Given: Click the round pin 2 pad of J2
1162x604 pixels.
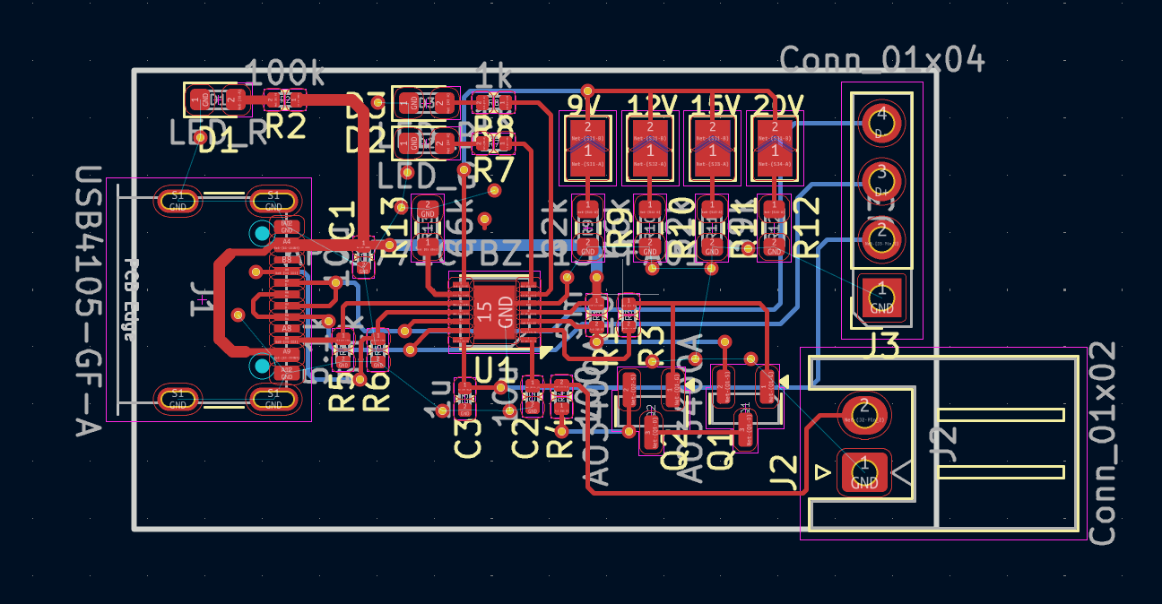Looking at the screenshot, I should [863, 410].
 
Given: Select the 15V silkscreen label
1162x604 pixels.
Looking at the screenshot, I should [713, 105].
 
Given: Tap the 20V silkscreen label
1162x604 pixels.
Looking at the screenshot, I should [776, 105].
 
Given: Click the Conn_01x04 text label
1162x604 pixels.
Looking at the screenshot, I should [882, 60].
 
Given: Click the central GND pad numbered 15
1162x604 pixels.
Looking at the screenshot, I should [492, 313].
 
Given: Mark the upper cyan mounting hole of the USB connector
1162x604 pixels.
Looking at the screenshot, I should [261, 234].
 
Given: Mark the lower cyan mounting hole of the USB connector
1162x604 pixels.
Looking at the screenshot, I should [261, 366].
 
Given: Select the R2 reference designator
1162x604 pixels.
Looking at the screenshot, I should [286, 126].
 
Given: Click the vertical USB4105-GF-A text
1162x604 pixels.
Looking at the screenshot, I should [89, 300].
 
